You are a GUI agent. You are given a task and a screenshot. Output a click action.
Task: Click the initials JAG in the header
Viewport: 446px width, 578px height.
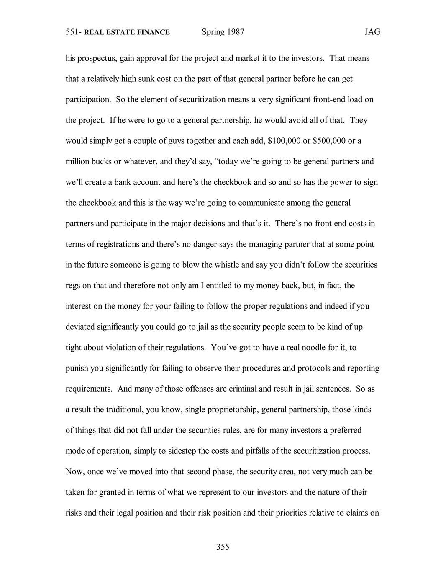tap(372, 32)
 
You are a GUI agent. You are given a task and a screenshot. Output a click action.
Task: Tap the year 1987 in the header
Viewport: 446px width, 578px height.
tap(236, 32)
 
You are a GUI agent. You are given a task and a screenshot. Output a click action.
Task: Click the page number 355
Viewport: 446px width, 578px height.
tap(223, 547)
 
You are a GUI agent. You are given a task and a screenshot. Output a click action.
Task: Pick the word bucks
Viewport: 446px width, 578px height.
tap(100, 161)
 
